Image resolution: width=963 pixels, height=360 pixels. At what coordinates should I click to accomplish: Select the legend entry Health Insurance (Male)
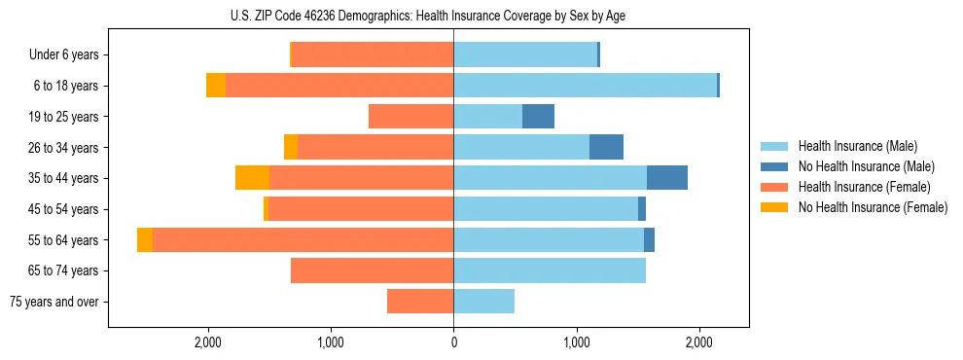pos(857,147)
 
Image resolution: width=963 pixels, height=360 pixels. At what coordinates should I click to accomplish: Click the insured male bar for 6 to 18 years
pos(585,86)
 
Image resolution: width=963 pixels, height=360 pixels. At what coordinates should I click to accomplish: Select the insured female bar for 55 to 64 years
pos(303,239)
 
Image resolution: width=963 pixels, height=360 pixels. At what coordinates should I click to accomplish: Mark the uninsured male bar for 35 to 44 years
pos(667,178)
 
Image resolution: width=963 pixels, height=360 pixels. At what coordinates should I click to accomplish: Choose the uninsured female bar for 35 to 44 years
pos(252,178)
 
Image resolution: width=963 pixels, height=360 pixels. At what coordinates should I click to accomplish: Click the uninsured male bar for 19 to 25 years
pos(538,117)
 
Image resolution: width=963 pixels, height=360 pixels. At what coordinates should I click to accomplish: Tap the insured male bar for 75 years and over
pos(483,302)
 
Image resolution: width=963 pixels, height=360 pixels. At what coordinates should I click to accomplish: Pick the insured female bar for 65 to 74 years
pos(372,270)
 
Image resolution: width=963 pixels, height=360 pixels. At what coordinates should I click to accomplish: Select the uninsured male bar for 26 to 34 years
pos(606,147)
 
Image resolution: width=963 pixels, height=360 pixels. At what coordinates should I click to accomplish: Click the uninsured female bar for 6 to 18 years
pos(216,86)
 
